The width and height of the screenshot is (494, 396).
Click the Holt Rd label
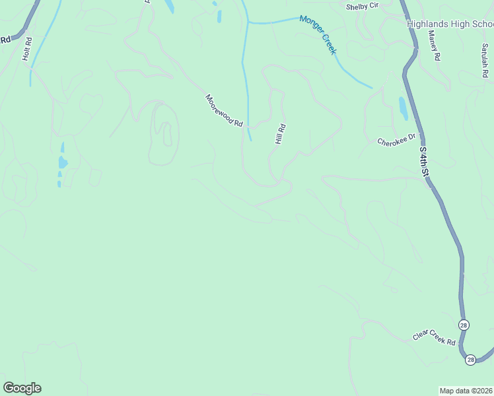pyautogui.click(x=27, y=49)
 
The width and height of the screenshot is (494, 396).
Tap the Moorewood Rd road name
pyautogui.click(x=224, y=111)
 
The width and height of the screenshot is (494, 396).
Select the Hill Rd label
pyautogui.click(x=280, y=135)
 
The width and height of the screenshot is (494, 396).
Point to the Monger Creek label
pyautogui.click(x=318, y=34)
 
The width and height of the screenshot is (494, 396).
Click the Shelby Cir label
pyautogui.click(x=361, y=7)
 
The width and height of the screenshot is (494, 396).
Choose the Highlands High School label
pyautogui.click(x=450, y=24)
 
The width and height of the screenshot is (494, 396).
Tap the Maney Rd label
pyautogui.click(x=434, y=46)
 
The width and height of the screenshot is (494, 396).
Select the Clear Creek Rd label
pyautogui.click(x=435, y=339)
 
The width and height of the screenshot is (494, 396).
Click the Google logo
pyautogui.click(x=22, y=388)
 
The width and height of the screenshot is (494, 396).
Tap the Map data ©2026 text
pyautogui.click(x=466, y=390)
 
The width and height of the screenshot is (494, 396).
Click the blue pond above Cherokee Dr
pyautogui.click(x=403, y=108)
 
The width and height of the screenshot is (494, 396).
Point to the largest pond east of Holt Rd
pyautogui.click(x=63, y=162)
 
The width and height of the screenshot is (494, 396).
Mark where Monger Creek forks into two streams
pyautogui.click(x=248, y=22)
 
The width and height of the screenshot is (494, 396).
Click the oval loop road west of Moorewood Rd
pyautogui.click(x=164, y=132)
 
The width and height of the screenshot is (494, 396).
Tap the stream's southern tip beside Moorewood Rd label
pyautogui.click(x=251, y=139)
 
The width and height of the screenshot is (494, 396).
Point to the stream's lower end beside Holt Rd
pyautogui.click(x=30, y=85)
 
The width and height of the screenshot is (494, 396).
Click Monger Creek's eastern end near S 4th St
pyautogui.click(x=371, y=87)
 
